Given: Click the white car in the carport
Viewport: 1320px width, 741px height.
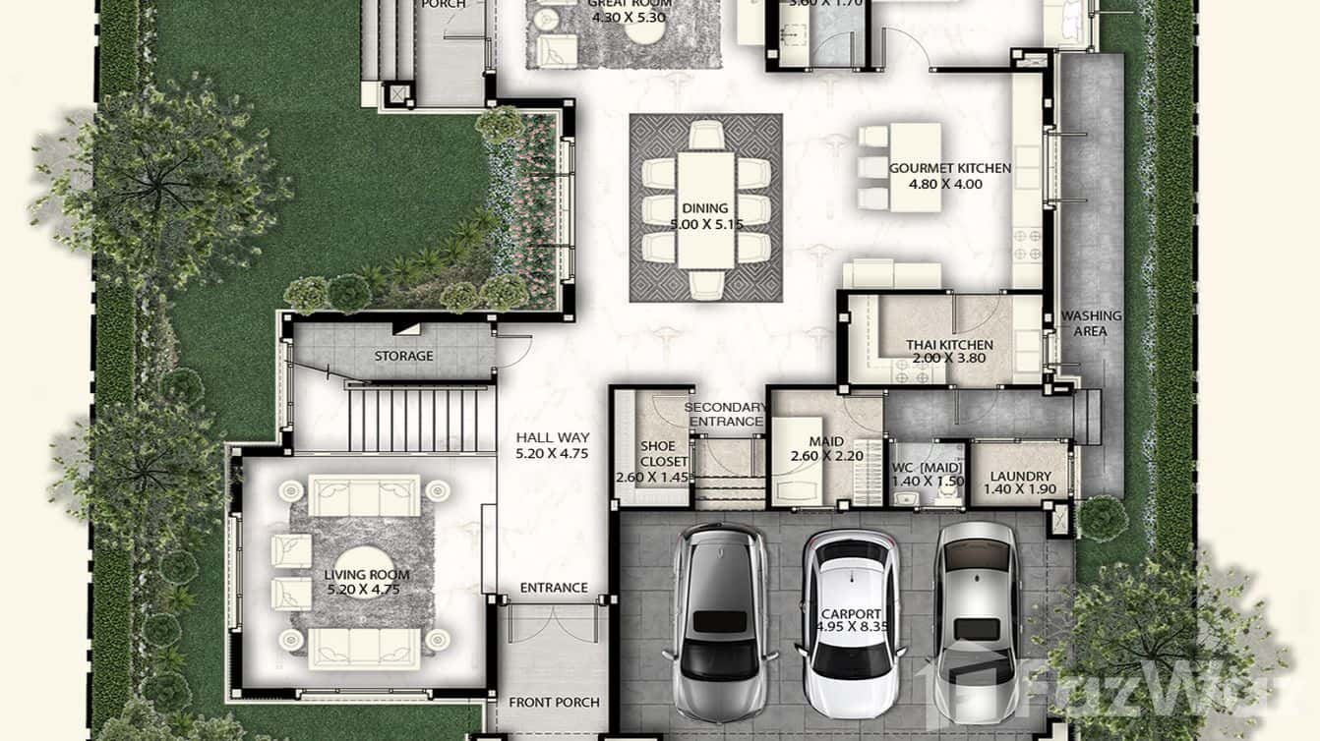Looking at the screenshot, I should click(850, 624).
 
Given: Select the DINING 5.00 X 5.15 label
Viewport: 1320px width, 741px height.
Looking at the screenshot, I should click(706, 208).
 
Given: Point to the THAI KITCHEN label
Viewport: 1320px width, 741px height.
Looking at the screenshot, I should click(949, 345).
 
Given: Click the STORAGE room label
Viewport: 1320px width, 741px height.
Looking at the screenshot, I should click(403, 356).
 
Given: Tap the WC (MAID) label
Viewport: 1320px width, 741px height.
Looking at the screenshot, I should click(928, 468).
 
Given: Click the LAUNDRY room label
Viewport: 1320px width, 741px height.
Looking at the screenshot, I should click(1020, 477).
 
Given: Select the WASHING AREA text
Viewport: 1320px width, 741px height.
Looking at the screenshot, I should click(1090, 323).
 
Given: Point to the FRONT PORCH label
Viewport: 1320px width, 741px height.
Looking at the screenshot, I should click(554, 703).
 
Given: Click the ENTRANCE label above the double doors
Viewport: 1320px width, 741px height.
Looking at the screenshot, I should click(554, 588).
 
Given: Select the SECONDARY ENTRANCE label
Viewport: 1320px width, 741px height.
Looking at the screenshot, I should click(724, 415).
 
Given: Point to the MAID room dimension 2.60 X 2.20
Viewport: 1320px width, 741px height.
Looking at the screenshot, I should click(826, 456).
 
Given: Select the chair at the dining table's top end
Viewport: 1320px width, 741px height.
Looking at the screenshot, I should click(706, 134).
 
